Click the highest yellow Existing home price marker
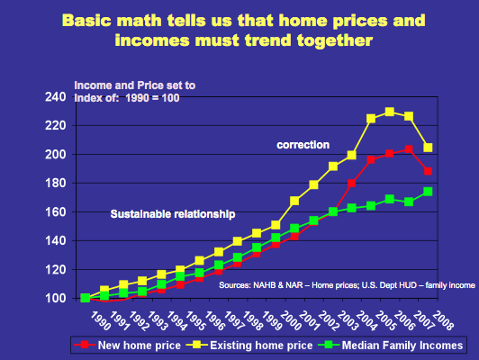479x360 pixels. click(x=390, y=112)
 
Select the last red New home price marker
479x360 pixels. click(x=428, y=171)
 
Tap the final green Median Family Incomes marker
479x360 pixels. click(x=428, y=192)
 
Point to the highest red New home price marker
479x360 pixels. click(x=409, y=149)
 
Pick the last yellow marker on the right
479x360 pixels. click(x=428, y=148)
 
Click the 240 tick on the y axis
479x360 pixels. click(x=55, y=97)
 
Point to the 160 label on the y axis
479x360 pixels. click(x=55, y=211)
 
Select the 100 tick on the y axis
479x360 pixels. click(x=55, y=298)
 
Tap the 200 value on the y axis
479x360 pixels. click(x=55, y=155)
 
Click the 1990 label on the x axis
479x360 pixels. click(x=101, y=320)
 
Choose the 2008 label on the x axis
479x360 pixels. click(x=443, y=320)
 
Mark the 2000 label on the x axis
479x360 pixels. click(x=291, y=320)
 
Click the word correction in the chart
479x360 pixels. click(x=303, y=145)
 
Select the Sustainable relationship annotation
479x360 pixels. click(x=173, y=214)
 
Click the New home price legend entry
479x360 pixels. click(x=128, y=346)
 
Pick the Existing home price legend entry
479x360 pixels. click(x=249, y=346)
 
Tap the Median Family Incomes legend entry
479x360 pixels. click(x=391, y=346)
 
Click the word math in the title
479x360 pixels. click(x=139, y=21)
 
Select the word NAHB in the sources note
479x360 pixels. click(x=264, y=285)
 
